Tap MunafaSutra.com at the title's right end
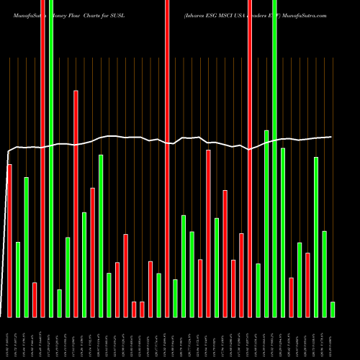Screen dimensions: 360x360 (x=307, y=14)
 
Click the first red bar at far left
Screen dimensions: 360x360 (x=9, y=240)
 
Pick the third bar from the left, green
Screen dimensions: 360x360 (x=27, y=247)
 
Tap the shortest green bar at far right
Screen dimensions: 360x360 (x=333, y=309)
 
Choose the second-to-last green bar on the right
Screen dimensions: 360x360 (x=324, y=274)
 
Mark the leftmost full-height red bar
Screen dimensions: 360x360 (x=42, y=158)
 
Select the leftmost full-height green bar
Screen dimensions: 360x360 (x=51, y=158)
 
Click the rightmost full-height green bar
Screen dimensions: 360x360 (x=274, y=158)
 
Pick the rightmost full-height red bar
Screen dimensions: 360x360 (x=250, y=158)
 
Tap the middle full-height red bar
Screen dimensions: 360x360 (x=167, y=158)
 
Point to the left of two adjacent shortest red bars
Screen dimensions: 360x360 (x=134, y=309)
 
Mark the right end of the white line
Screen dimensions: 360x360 (x=332, y=137)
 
